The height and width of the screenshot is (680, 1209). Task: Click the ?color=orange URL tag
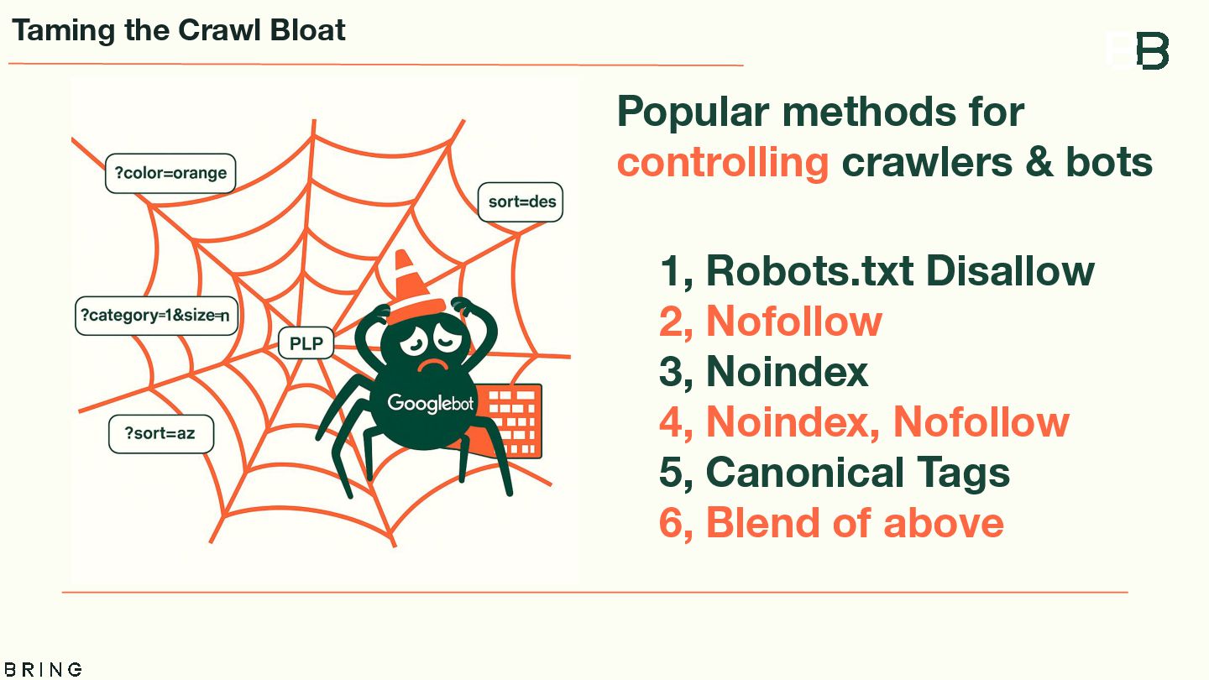click(x=170, y=174)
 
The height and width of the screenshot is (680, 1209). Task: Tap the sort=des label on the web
click(x=521, y=202)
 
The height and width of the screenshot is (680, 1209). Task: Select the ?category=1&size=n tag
click(x=156, y=316)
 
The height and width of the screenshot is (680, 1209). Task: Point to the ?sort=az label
click(x=161, y=433)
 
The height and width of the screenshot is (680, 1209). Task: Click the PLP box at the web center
click(x=306, y=343)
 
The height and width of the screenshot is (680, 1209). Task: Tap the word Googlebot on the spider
click(x=430, y=404)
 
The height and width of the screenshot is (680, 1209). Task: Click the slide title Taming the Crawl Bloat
click(x=179, y=31)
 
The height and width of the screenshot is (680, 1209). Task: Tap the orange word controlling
click(x=723, y=162)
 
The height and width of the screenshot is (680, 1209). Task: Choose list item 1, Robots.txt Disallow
click(x=877, y=270)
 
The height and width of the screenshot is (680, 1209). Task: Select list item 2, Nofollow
click(x=771, y=322)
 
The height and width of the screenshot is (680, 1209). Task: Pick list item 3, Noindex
click(x=763, y=372)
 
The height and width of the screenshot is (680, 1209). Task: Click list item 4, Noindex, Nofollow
click(x=864, y=422)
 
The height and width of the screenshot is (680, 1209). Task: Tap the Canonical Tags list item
click(x=835, y=473)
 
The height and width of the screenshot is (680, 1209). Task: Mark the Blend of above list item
click(x=831, y=523)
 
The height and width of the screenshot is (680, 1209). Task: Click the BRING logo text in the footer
click(x=42, y=669)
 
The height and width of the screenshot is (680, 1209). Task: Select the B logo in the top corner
click(x=1152, y=51)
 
